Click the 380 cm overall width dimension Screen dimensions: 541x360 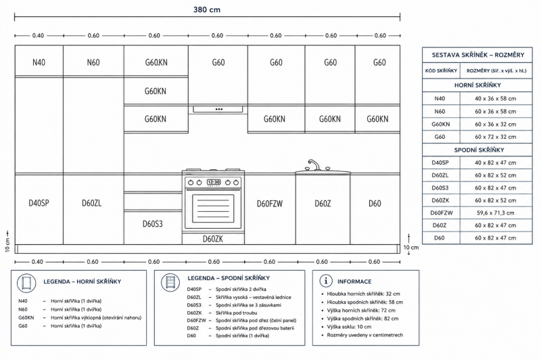(x=207, y=9)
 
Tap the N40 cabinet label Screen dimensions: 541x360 (x=39, y=62)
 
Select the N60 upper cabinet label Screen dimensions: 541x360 (x=93, y=62)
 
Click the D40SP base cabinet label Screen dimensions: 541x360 (x=39, y=203)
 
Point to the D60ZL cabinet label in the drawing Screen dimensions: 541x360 (x=92, y=203)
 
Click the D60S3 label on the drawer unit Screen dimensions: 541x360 (x=153, y=224)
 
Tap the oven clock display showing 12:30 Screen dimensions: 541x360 (x=214, y=182)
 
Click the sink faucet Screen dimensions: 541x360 (x=314, y=164)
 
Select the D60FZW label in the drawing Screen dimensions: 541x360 (x=270, y=204)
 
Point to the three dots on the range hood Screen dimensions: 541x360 (x=218, y=110)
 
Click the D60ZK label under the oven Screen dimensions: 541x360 (x=213, y=239)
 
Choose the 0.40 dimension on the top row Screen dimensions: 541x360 (x=38, y=36)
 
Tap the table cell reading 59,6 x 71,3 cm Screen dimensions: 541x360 (x=496, y=213)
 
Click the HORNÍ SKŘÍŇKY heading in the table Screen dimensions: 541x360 (x=477, y=85)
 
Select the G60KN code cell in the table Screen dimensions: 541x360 (x=441, y=125)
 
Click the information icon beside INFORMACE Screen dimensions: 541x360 (x=326, y=281)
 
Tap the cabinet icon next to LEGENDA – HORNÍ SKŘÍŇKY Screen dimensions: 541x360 (x=26, y=283)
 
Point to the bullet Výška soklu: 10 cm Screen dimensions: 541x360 (x=349, y=327)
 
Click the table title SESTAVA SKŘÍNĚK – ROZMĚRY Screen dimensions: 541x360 (x=478, y=55)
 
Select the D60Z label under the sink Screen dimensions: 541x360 (x=323, y=204)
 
